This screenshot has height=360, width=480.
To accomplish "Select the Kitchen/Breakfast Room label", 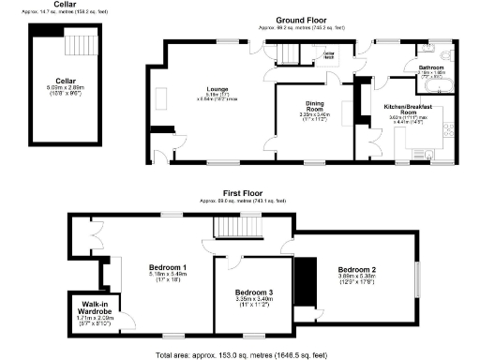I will [408, 109].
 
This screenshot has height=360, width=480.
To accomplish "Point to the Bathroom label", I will [431, 67].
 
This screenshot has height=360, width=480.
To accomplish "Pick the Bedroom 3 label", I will [251, 293].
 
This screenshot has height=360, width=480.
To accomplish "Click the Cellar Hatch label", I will [329, 55].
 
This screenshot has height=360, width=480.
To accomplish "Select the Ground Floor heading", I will [299, 19].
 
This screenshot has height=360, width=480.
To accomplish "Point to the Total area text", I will [240, 354].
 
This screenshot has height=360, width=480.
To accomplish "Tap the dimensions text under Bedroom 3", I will [251, 304].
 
